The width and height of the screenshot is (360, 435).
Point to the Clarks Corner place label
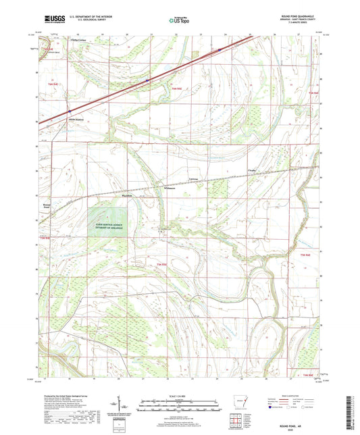80,41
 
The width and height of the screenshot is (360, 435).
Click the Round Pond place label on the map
47,205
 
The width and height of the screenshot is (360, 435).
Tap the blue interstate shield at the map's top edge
220,49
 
